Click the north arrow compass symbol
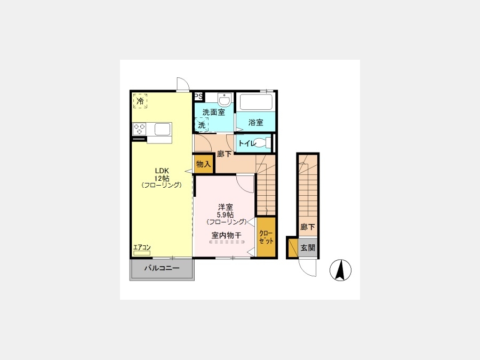coord(340,270)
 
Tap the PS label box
coord(198,97)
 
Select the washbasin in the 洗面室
coord(225,99)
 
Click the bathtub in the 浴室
coord(256,102)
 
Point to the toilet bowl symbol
coord(262,143)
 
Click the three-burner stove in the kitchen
coord(139,129)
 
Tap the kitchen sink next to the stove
coord(162,129)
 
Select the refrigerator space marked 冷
coord(140,101)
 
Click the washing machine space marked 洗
coord(202,125)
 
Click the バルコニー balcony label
coord(162,268)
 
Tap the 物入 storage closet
coord(204,164)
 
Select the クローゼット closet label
coord(266,237)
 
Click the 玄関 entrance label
coord(308,247)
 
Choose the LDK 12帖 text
coord(162,174)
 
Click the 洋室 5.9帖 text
coord(226,211)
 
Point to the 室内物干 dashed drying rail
coord(227,242)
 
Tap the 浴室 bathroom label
coord(256,123)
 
